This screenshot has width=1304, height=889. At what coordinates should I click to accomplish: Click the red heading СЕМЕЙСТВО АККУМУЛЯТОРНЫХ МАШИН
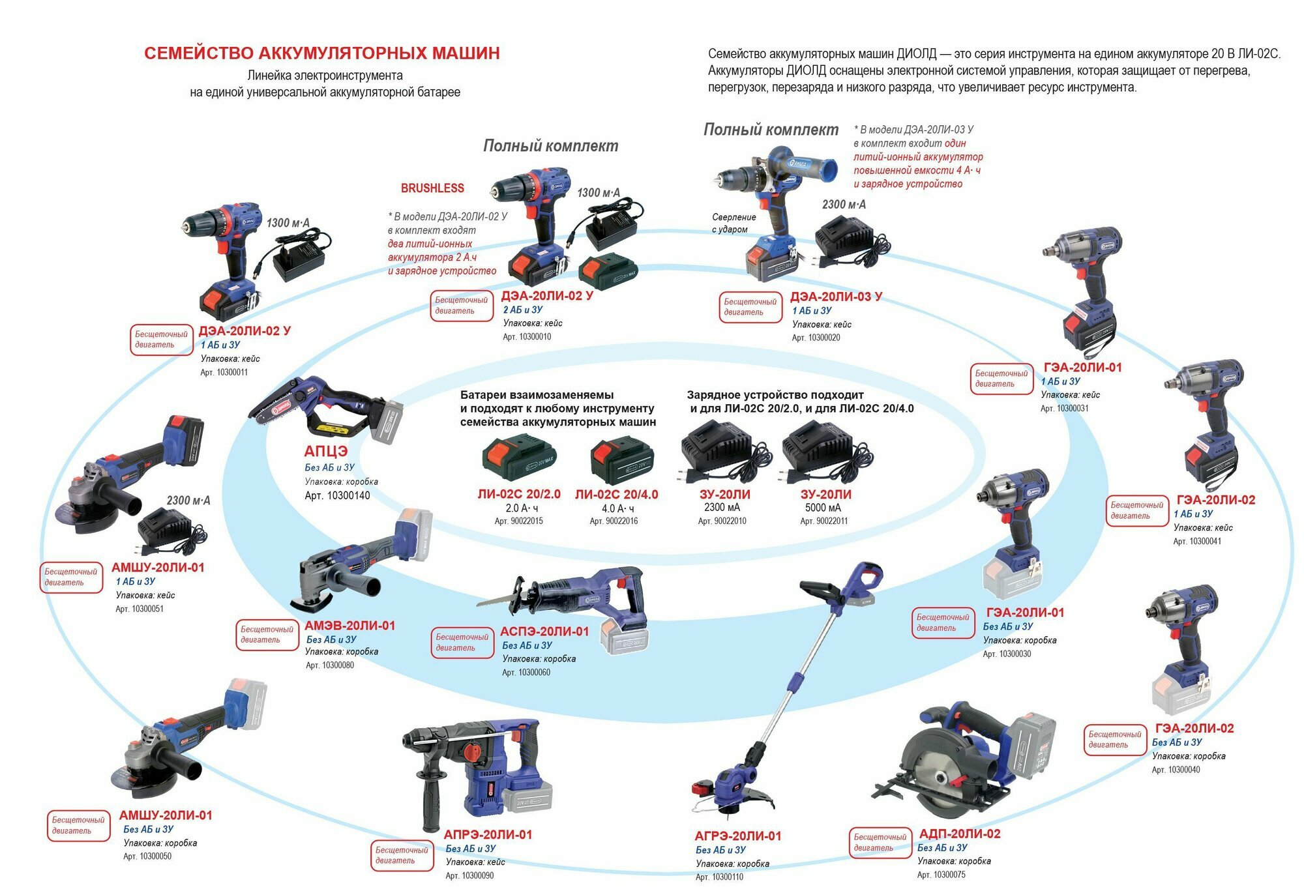click(321, 53)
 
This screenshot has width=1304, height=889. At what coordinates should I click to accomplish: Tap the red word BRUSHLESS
click(432, 188)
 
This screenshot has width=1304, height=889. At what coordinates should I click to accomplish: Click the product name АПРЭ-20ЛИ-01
click(488, 834)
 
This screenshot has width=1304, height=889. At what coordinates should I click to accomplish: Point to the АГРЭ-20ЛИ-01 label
click(737, 836)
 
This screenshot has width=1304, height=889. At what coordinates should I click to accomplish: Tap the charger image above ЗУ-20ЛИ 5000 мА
click(826, 452)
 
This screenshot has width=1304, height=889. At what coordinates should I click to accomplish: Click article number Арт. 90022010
click(722, 521)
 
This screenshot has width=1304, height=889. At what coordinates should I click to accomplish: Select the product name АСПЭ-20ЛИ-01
click(544, 632)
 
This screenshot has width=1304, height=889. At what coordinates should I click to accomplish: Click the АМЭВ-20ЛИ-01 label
click(349, 626)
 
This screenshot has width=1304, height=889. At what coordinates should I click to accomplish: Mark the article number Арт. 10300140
click(337, 495)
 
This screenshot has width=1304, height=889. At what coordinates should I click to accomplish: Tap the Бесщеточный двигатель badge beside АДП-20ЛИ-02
click(879, 842)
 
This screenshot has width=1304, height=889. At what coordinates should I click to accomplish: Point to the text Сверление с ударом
click(733, 223)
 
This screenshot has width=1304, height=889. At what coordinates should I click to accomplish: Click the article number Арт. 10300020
click(816, 338)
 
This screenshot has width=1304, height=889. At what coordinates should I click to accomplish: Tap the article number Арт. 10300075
click(941, 875)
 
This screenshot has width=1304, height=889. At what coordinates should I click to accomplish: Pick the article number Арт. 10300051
click(140, 609)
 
